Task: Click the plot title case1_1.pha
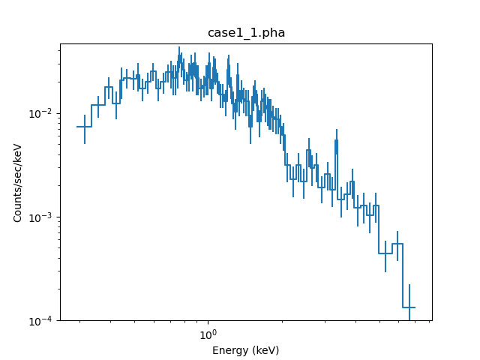coord(246,33)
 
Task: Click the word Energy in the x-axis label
coord(229,350)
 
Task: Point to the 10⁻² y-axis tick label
coord(43,114)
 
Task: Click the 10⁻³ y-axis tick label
coord(43,217)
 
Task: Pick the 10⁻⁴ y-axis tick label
coord(43,321)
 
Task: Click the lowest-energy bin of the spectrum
coord(84,127)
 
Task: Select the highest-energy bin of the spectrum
coord(409,307)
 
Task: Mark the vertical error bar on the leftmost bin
coord(84,127)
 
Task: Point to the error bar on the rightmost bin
coord(409,300)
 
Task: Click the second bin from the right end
coord(397,244)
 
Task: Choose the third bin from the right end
coord(385,253)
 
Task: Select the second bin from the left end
coord(98,105)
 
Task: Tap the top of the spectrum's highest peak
coord(179,48)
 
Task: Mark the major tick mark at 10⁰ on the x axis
coord(208,321)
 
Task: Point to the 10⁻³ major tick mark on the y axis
coord(60,217)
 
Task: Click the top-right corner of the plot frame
coord(432,43)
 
